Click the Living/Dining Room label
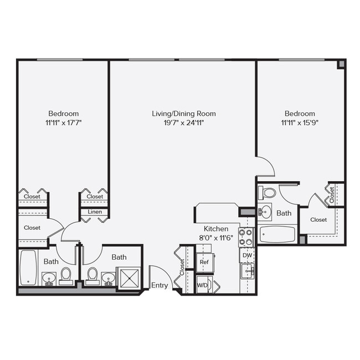pyautogui.click(x=184, y=114)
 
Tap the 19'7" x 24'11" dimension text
pyautogui.click(x=184, y=123)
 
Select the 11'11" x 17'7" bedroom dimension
pyautogui.click(x=63, y=123)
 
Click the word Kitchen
pyautogui.click(x=216, y=228)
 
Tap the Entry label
pyautogui.click(x=160, y=285)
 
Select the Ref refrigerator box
pyautogui.click(x=204, y=262)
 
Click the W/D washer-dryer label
pyautogui.click(x=203, y=285)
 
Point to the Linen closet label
pyautogui.click(x=95, y=212)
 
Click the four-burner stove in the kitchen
pyautogui.click(x=246, y=237)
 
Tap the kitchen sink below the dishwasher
pyautogui.click(x=247, y=271)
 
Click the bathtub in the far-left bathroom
pyautogui.click(x=28, y=268)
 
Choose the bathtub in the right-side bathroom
pyautogui.click(x=277, y=234)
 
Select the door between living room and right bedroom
pyautogui.click(x=266, y=166)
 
